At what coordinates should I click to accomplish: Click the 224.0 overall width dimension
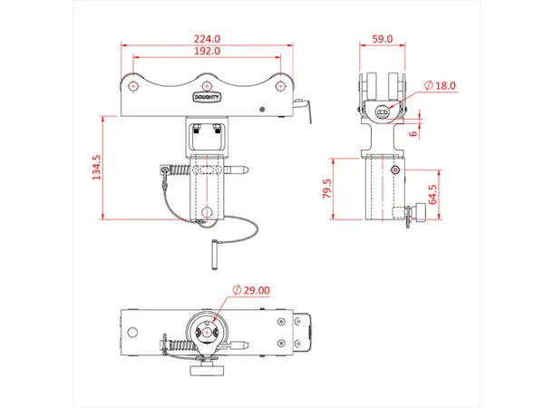click(207, 39)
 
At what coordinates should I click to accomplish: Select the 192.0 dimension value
click(207, 53)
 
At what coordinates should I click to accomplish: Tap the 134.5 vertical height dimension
click(97, 167)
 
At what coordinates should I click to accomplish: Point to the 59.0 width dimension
click(383, 39)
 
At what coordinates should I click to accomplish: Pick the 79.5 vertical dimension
click(327, 189)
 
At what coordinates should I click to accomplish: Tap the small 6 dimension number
click(414, 132)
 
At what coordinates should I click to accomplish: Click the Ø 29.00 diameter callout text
click(250, 289)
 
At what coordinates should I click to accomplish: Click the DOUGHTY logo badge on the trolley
click(207, 94)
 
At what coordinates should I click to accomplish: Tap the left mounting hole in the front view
click(134, 85)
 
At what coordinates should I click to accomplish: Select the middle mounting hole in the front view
click(207, 78)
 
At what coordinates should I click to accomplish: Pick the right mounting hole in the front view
click(279, 85)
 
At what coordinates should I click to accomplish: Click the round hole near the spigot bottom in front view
click(207, 213)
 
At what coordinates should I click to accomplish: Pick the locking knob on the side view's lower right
click(419, 215)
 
